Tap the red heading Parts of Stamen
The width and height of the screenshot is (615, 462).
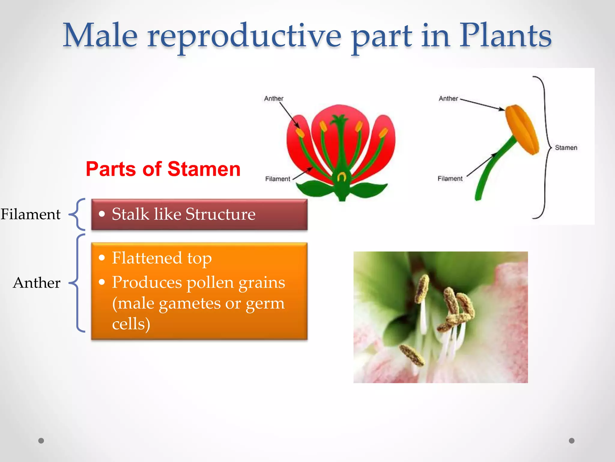click(163, 169)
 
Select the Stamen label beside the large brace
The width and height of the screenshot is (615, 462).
click(566, 148)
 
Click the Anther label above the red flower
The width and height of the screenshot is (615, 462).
click(274, 99)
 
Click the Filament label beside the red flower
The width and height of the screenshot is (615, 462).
click(277, 179)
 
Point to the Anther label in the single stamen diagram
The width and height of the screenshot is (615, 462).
click(448, 99)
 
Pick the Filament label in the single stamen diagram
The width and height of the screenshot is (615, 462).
click(450, 179)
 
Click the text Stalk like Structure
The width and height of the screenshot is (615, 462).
click(183, 214)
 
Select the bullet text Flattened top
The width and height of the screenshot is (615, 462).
click(162, 258)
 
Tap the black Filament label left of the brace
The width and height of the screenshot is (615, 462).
click(31, 214)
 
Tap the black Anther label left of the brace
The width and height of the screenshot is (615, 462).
click(37, 283)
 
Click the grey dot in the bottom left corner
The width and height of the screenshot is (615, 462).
click(41, 441)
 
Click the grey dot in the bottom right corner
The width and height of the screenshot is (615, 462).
click(572, 441)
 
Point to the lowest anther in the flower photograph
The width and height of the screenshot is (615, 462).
click(412, 355)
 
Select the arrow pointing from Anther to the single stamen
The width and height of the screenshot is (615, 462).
click(482, 104)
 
